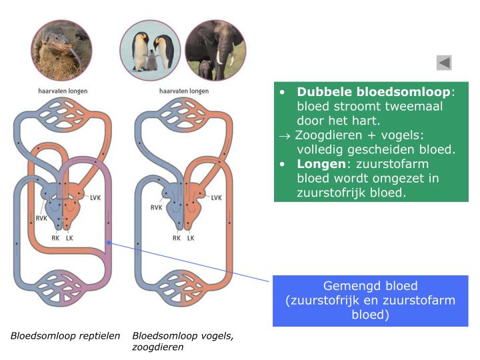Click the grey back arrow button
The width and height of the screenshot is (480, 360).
point(444,63)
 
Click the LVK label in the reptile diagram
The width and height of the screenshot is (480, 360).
point(96,197)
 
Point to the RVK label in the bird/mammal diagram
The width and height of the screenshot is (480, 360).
point(157,207)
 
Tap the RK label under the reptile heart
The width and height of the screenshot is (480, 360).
point(56,237)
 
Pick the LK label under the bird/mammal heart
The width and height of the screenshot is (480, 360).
point(191,237)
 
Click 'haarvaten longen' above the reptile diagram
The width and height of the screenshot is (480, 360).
point(62,91)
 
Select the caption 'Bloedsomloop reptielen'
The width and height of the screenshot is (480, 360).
point(65,335)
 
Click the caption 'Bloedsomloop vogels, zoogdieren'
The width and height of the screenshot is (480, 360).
point(183,341)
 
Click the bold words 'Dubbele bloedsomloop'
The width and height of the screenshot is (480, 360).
point(374,91)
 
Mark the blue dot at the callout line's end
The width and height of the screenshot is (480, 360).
point(109,243)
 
